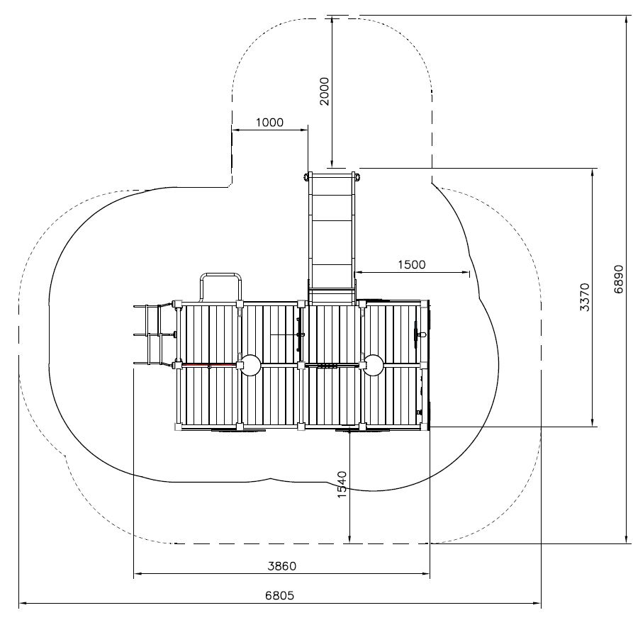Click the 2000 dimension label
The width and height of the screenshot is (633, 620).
tap(324, 91)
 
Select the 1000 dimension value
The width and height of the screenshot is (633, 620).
tap(269, 123)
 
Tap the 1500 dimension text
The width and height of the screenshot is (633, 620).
tap(411, 265)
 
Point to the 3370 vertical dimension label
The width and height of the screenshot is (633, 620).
tap(584, 297)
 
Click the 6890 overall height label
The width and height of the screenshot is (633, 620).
tap(619, 279)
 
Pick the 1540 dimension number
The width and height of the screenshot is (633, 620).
tap(342, 485)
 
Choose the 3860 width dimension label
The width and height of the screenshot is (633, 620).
tap(282, 566)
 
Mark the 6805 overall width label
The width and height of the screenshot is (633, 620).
tap(280, 595)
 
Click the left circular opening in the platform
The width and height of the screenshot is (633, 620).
tap(251, 366)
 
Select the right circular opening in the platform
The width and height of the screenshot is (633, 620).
tap(373, 366)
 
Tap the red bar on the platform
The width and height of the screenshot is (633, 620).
tap(208, 365)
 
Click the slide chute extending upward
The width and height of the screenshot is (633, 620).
tap(332, 238)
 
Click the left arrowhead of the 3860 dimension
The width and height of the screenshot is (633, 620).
tap(138, 573)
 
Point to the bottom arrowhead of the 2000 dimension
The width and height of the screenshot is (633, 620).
tap(332, 164)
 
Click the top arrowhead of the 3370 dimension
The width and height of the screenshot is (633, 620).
tap(593, 172)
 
